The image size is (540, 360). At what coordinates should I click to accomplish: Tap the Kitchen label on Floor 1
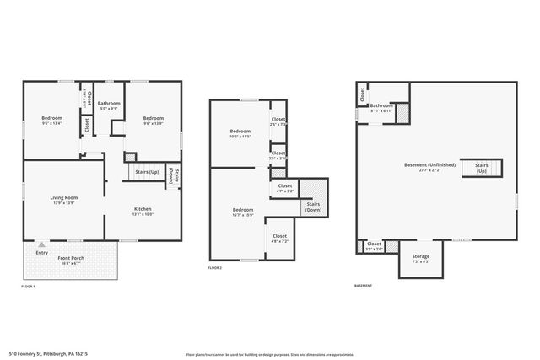click(x=143, y=208)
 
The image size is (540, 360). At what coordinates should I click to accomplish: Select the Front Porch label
click(x=70, y=258)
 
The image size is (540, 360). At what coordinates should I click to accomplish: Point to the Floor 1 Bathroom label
click(x=110, y=103)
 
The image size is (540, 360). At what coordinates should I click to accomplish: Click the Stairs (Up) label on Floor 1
click(x=148, y=169)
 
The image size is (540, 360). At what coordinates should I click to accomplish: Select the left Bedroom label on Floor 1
click(x=52, y=117)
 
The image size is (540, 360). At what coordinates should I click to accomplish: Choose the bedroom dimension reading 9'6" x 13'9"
click(x=153, y=123)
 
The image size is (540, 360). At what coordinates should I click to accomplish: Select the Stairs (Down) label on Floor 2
click(x=313, y=207)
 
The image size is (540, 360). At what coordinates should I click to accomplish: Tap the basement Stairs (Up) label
click(x=482, y=168)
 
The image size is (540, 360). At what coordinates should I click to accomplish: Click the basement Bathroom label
click(x=381, y=105)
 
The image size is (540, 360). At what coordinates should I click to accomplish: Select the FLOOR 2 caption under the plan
click(x=214, y=267)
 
